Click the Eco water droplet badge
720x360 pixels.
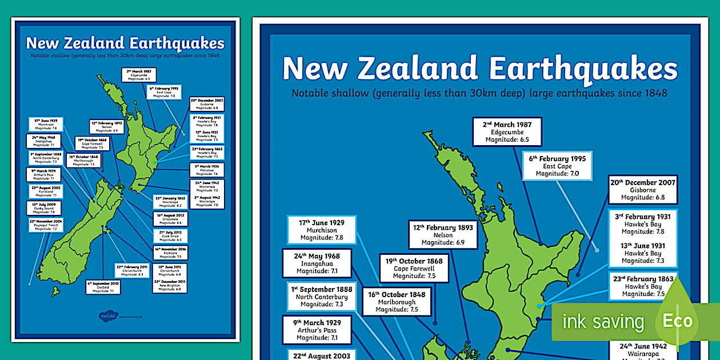coord(677,320)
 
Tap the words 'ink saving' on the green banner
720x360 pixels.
coord(603,322)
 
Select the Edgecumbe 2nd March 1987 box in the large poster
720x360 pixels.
coord(507,132)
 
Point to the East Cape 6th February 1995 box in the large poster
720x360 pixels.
coord(557,166)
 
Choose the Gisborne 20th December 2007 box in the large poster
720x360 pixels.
coord(642,190)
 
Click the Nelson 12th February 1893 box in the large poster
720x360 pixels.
coord(443,235)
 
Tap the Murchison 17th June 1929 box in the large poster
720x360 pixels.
coord(321,230)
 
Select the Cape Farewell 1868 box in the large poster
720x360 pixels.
coord(414,269)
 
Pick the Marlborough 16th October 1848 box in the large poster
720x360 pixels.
coord(397,302)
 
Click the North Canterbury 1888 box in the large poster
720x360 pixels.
coord(321,297)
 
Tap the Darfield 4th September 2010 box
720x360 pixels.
coord(103,287)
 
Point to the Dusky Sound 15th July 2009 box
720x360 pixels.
coord(44,208)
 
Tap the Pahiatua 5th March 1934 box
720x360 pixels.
coord(207,170)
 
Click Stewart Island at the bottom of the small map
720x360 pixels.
coord(55,291)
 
